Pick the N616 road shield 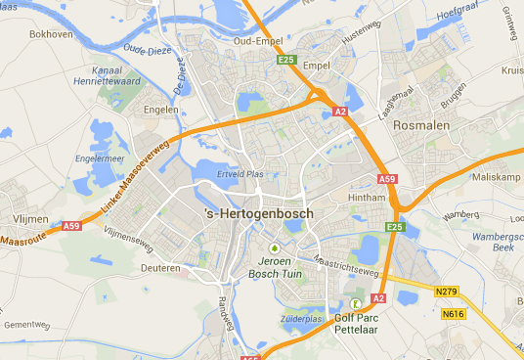[x=453, y=314]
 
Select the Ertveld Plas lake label [x=240, y=175]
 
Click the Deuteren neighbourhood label [x=160, y=267]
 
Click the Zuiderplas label [x=301, y=319]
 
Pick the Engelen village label [x=160, y=110]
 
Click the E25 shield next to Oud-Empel [x=285, y=60]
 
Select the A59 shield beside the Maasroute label [x=71, y=226]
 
